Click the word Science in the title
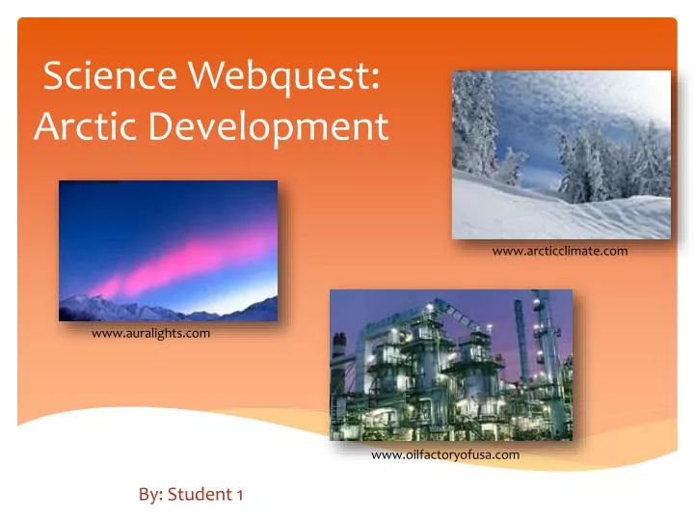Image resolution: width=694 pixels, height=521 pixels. [103, 76]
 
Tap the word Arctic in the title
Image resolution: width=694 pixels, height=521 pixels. [79, 125]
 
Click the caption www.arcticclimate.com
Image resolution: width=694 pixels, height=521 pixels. [559, 251]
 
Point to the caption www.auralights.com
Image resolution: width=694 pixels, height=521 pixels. [150, 333]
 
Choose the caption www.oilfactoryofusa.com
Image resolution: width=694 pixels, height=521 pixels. [445, 454]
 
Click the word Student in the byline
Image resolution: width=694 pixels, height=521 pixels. [199, 495]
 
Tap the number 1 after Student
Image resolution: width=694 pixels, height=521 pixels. [238, 495]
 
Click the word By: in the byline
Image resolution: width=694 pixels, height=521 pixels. [149, 495]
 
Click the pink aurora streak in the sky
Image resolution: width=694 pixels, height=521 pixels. [183, 265]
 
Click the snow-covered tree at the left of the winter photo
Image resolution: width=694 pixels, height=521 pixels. [475, 125]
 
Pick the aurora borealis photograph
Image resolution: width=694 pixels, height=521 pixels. [168, 251]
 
